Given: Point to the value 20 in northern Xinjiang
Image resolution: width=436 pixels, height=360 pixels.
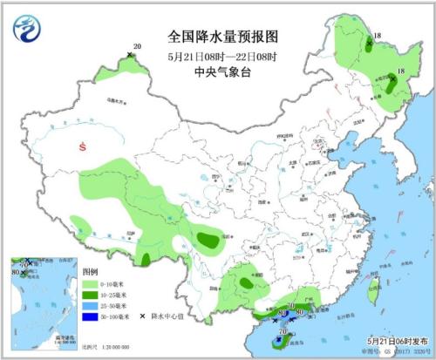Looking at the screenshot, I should (x=137, y=46).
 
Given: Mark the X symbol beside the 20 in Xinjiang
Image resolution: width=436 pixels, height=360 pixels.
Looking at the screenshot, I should (x=129, y=55).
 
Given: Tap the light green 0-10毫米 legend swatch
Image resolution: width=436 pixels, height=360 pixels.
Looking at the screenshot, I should (x=89, y=283).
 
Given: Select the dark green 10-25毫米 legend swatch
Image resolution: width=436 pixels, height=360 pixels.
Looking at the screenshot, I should (x=89, y=295).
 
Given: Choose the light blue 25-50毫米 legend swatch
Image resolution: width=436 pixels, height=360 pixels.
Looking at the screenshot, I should (x=89, y=306).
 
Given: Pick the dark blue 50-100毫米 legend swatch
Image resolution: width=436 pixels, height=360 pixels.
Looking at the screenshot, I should (x=89, y=317).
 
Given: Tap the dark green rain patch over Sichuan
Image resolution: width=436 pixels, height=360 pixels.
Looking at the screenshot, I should (x=208, y=238).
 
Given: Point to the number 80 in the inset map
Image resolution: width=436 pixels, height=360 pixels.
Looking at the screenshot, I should (x=15, y=273).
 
